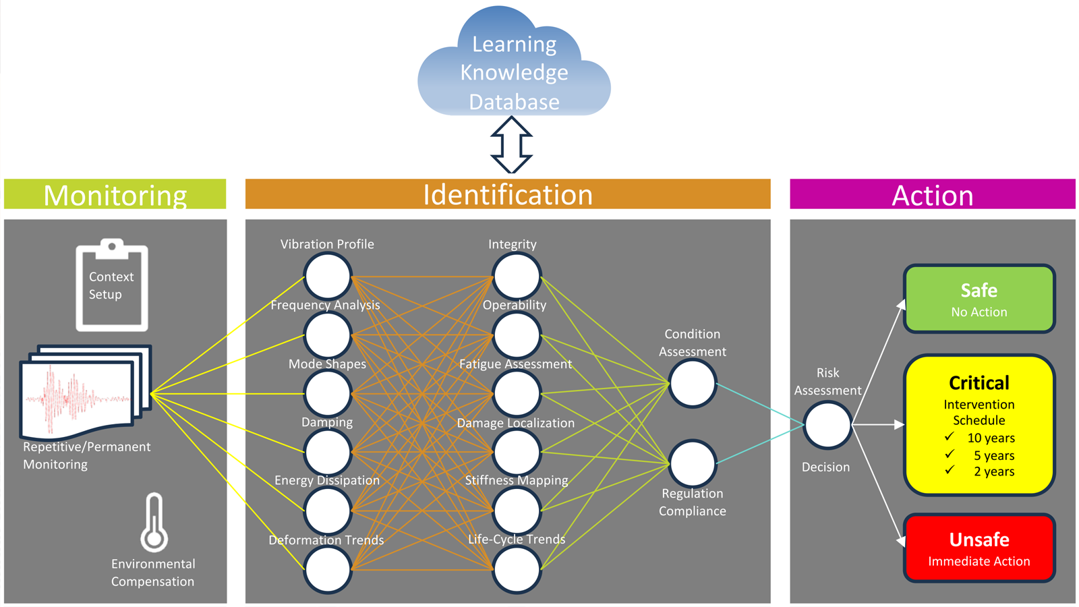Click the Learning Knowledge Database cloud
514,67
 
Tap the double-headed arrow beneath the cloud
511,145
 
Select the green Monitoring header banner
115,194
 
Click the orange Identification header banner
508,194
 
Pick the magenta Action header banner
933,194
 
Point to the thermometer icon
154,523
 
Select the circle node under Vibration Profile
327,276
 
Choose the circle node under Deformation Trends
327,569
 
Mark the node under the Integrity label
516,276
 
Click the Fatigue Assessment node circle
516,393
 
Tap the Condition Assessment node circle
692,383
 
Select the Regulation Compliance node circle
692,463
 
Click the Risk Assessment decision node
827,425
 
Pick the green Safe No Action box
979,299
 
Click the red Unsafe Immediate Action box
979,548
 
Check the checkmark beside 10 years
950,437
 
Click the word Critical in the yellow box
979,383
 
